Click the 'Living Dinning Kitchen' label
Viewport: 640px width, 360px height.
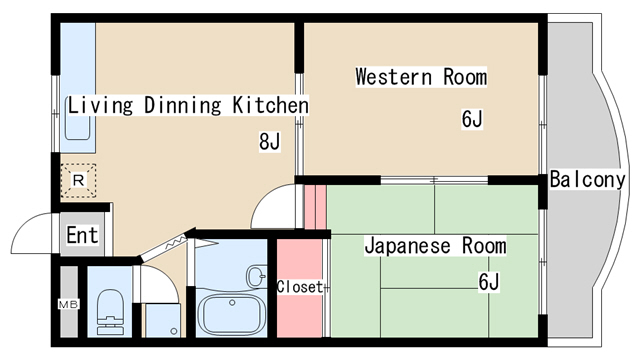188,105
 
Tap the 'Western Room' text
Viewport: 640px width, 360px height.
420,77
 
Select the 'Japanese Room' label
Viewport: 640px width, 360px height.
434,246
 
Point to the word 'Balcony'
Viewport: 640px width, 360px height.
587,180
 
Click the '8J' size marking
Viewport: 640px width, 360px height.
269,141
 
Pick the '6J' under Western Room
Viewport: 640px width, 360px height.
472,120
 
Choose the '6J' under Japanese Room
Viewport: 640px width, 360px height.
487,282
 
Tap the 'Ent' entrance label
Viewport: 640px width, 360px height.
81,236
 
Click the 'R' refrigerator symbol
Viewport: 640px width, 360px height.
78,180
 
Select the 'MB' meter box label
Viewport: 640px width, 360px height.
67,304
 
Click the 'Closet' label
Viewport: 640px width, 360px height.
300,287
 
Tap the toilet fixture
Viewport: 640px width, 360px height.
107,310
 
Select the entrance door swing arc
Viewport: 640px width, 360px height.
32,233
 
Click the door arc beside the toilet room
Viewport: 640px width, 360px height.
158,282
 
